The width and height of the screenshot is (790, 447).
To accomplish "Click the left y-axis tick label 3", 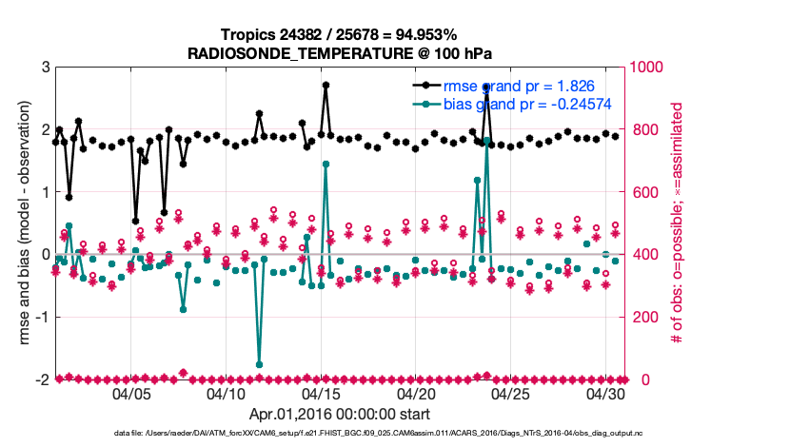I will pos(45,68).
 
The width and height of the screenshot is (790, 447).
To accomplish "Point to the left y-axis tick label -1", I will pos(43,317).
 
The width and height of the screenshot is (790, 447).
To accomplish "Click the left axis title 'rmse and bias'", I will pos(20,223).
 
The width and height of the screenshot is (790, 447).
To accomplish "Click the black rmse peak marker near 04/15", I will pos(326,85).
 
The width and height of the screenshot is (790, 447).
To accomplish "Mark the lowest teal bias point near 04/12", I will pos(259,364).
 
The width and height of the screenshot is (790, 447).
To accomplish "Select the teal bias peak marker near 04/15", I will pos(326,164).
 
